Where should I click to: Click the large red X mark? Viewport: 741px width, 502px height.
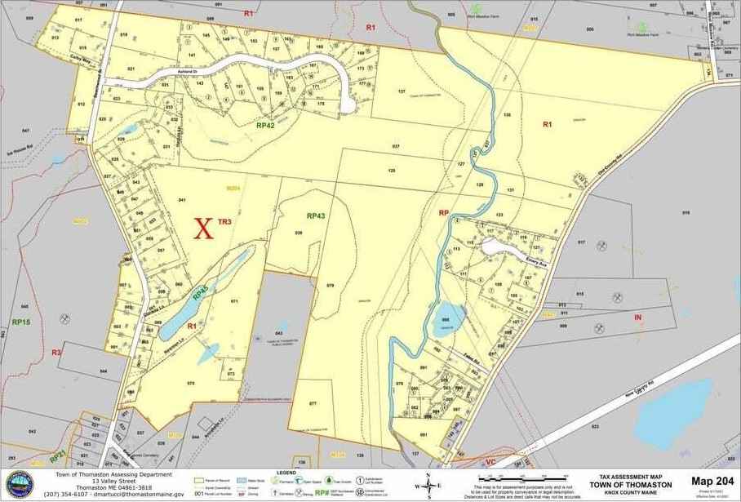tap(203, 229)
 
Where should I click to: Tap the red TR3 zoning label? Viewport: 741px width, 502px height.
tap(226, 221)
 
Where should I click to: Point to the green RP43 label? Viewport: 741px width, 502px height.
tap(317, 215)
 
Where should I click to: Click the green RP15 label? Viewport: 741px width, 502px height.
tap(21, 322)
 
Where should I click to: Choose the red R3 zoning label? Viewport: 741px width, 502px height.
tap(56, 353)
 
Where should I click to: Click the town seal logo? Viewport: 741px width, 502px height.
tap(19, 484)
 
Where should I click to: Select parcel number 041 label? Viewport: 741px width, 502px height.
tap(182, 200)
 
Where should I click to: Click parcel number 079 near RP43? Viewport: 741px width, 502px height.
tap(330, 285)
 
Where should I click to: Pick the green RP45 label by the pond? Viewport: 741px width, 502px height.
tap(200, 288)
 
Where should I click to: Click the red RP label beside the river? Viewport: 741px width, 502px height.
tap(444, 213)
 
